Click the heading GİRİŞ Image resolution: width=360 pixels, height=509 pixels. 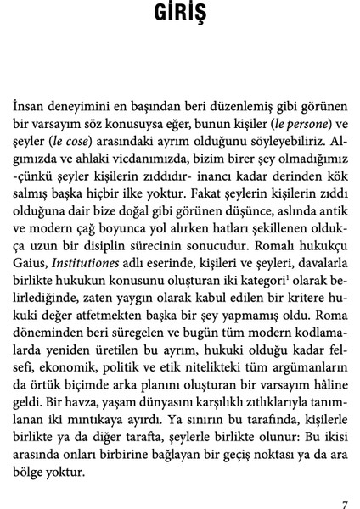pyautogui.click(x=179, y=16)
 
